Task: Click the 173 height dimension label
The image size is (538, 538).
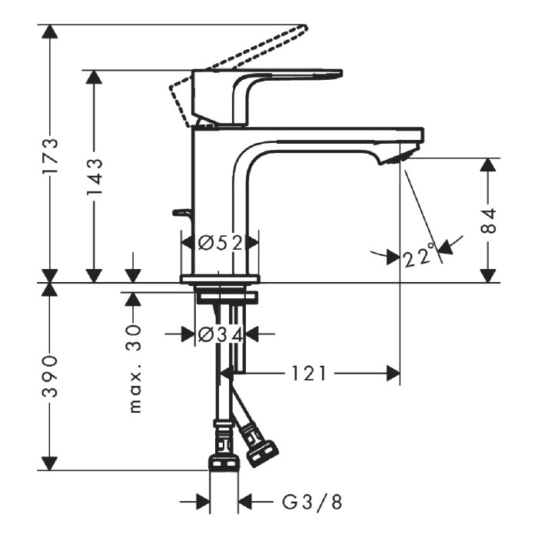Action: pos(50,156)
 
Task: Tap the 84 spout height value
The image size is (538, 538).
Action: pos(488,221)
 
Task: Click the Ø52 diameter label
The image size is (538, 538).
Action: pos(221,244)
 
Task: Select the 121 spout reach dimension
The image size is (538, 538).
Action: pos(309,374)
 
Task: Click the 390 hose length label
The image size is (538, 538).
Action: pos(50,377)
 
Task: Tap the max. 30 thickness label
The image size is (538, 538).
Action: pos(134,369)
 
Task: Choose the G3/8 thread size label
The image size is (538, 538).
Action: pos(312,503)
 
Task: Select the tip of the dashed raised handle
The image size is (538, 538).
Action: pos(304,25)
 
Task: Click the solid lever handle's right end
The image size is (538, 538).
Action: pos(342,73)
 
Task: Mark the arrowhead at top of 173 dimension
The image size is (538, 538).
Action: pos(50,32)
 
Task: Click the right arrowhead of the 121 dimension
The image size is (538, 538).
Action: pos(394,374)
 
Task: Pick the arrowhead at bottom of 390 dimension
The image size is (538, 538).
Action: pos(50,463)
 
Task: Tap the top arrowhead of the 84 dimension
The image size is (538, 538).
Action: pos(488,165)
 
